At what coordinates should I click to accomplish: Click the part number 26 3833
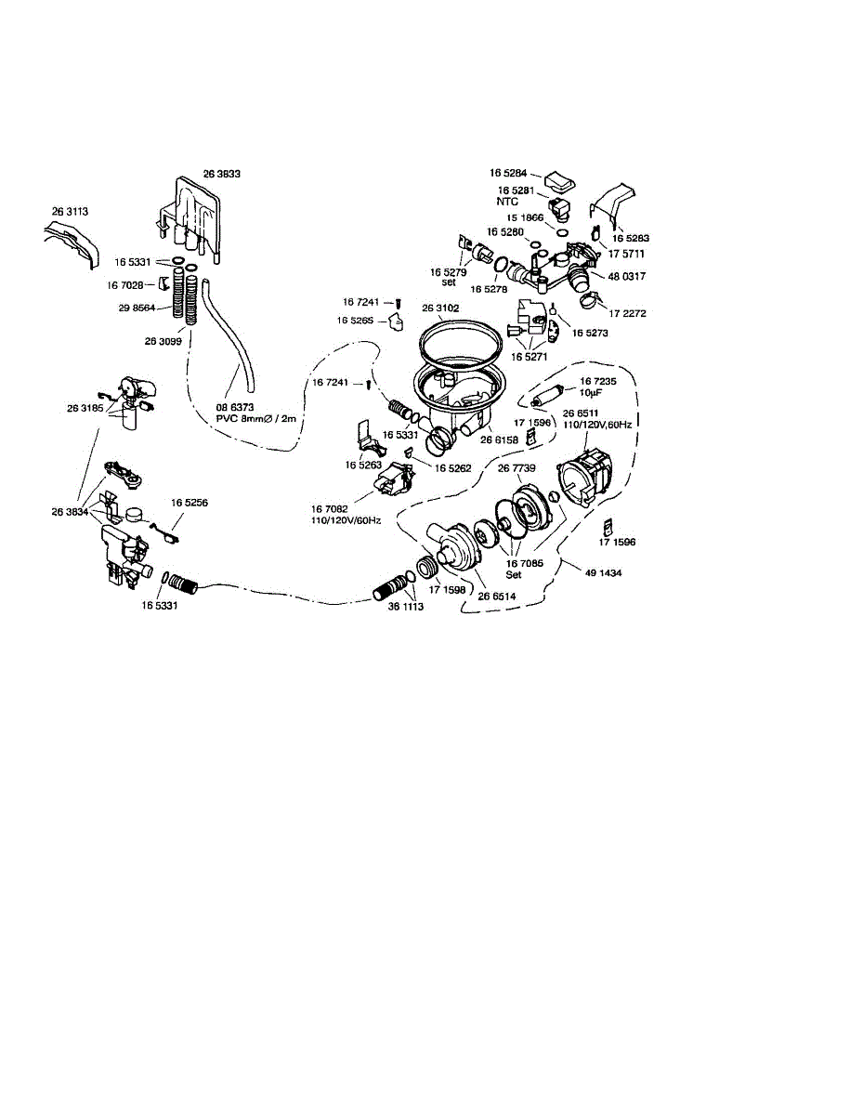click(222, 173)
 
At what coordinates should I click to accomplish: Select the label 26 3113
click(70, 212)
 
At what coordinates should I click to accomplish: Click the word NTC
click(507, 201)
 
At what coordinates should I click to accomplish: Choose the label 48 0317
click(628, 276)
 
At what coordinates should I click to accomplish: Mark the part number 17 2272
click(628, 313)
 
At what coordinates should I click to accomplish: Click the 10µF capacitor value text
click(592, 392)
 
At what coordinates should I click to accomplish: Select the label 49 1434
click(604, 573)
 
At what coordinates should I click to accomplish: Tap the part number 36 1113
click(405, 606)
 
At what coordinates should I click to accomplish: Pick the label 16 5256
click(189, 502)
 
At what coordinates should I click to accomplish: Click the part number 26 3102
click(440, 308)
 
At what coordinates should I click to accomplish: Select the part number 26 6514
click(496, 597)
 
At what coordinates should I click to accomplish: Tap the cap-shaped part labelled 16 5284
click(557, 178)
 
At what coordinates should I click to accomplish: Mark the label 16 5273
click(590, 332)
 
